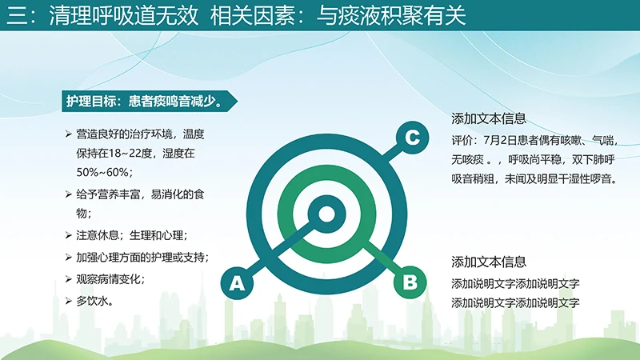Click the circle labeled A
(236, 282)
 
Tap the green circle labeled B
(409, 282)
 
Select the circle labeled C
(411, 138)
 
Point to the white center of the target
(326, 214)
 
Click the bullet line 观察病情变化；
(115, 279)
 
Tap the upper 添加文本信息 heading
(489, 118)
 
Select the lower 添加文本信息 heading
(489, 262)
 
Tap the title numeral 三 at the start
(14, 16)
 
